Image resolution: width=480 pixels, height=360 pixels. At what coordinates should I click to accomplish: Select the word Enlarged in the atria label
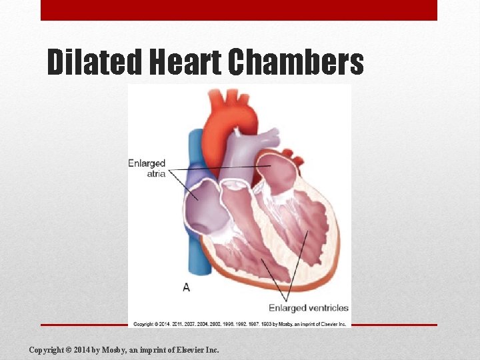[x=147, y=163]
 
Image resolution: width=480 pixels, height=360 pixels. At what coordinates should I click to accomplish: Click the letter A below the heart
[x=186, y=287]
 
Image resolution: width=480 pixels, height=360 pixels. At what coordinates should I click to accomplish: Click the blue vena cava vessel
[x=195, y=153]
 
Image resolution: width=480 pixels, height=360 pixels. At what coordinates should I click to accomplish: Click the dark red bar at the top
[x=239, y=10]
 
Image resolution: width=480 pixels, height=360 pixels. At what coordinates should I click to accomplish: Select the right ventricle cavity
[x=237, y=247]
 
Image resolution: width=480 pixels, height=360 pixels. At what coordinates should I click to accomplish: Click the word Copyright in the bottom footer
[x=46, y=350]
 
